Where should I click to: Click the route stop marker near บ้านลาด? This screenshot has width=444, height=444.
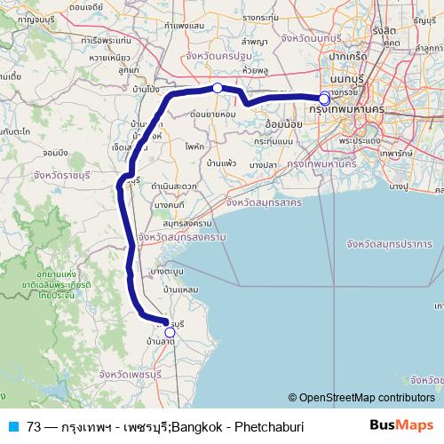pos(170,333)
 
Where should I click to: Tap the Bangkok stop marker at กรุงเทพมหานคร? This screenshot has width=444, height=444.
pos(324,99)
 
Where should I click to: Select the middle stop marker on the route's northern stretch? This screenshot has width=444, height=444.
pos(218,88)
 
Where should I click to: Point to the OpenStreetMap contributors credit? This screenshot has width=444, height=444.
pos(361,398)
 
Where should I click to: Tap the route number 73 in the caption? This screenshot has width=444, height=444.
pos(34,427)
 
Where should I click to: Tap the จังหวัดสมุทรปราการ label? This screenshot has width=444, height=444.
pos(388,243)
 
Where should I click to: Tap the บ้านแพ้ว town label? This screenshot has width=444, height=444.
pos(221,163)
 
